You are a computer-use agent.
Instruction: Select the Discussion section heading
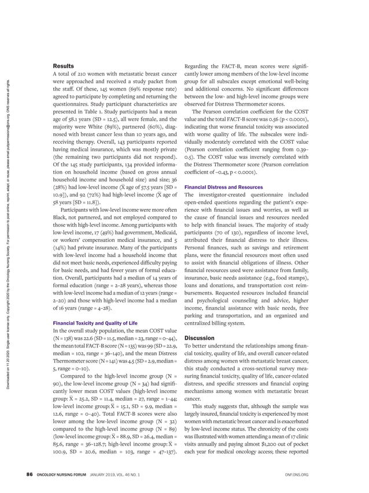200,338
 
